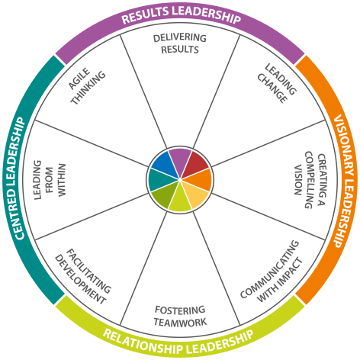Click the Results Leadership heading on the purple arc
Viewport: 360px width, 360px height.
click(181, 15)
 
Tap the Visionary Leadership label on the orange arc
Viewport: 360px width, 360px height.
click(344, 181)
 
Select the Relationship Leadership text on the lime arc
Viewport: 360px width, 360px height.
click(178, 342)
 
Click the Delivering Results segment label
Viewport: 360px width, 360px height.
click(180, 43)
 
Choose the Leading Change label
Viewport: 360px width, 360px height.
click(277, 83)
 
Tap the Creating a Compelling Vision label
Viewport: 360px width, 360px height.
click(310, 180)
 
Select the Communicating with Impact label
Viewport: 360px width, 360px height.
click(272, 271)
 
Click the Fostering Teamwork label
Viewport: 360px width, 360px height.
click(180, 317)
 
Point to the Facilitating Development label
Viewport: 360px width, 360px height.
click(83, 277)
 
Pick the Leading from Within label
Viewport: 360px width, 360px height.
click(50, 180)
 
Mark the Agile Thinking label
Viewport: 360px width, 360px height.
click(87, 86)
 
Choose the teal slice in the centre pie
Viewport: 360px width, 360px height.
click(160, 180)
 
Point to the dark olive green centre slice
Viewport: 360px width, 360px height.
click(165, 195)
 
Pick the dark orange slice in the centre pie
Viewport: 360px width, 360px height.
click(200, 180)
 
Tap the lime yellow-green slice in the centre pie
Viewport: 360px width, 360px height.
click(180, 200)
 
